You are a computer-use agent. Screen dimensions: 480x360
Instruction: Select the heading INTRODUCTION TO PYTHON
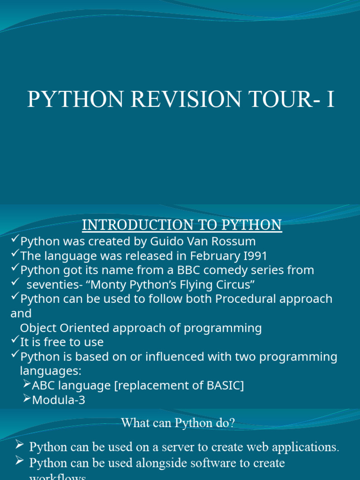click(x=182, y=225)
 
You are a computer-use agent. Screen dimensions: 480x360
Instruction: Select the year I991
click(x=253, y=256)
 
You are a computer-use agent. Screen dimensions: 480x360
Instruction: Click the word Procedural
click(x=243, y=299)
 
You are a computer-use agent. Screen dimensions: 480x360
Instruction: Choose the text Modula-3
click(x=59, y=400)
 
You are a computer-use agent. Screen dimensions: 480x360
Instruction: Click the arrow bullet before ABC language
click(x=27, y=385)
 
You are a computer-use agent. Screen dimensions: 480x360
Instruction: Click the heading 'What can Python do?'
click(x=178, y=423)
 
